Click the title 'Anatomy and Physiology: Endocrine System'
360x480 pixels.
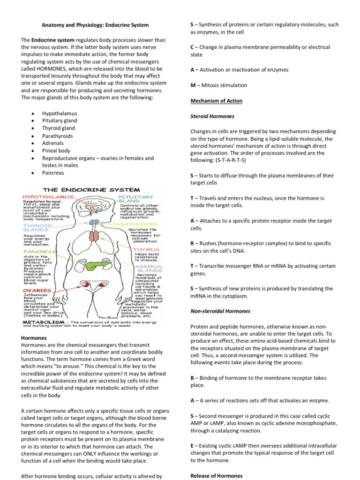[x=95, y=25]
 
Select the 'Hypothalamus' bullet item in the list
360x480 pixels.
[x=60, y=113]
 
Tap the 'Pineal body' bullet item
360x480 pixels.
[x=56, y=151]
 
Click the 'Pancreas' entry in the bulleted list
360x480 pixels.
[x=53, y=173]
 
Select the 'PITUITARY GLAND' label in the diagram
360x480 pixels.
[x=135, y=200]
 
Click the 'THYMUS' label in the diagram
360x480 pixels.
[x=147, y=249]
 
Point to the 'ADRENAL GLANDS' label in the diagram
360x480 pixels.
[x=149, y=269]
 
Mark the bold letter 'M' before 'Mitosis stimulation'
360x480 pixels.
[x=193, y=85]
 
